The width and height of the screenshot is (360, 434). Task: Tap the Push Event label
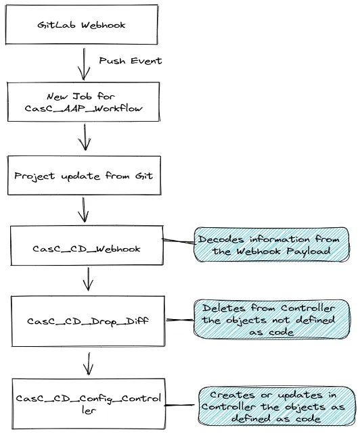[x=131, y=62]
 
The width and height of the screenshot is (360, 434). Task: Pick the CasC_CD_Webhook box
[x=87, y=248]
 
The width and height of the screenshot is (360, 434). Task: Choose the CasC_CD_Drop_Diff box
[x=87, y=320]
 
